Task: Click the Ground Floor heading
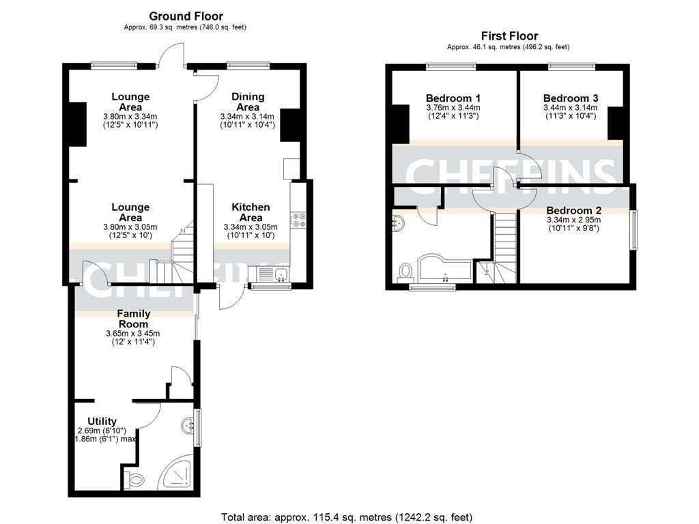(x=186, y=16)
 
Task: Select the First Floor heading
(x=509, y=36)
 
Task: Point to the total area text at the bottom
(x=347, y=517)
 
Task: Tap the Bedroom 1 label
(x=453, y=98)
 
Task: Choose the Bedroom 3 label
(x=570, y=98)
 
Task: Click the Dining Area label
(x=248, y=102)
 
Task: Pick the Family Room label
(x=134, y=319)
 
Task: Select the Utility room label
(x=102, y=421)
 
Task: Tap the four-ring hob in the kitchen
(x=298, y=219)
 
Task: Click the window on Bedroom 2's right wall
(x=633, y=230)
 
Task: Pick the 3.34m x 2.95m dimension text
(x=573, y=220)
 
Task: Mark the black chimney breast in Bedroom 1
(x=400, y=126)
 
